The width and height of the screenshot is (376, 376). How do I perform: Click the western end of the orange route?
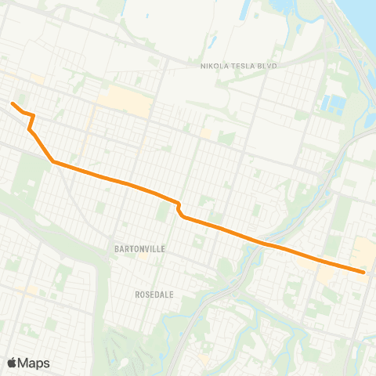click(13, 103)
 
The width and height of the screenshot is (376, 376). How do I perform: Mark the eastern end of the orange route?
click(364, 272)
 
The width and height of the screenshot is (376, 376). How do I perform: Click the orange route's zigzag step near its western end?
click(31, 121)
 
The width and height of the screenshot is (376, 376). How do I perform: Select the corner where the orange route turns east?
click(53, 161)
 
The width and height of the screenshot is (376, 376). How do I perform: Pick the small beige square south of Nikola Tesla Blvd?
click(206, 133)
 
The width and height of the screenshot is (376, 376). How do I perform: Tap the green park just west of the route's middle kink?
click(164, 211)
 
